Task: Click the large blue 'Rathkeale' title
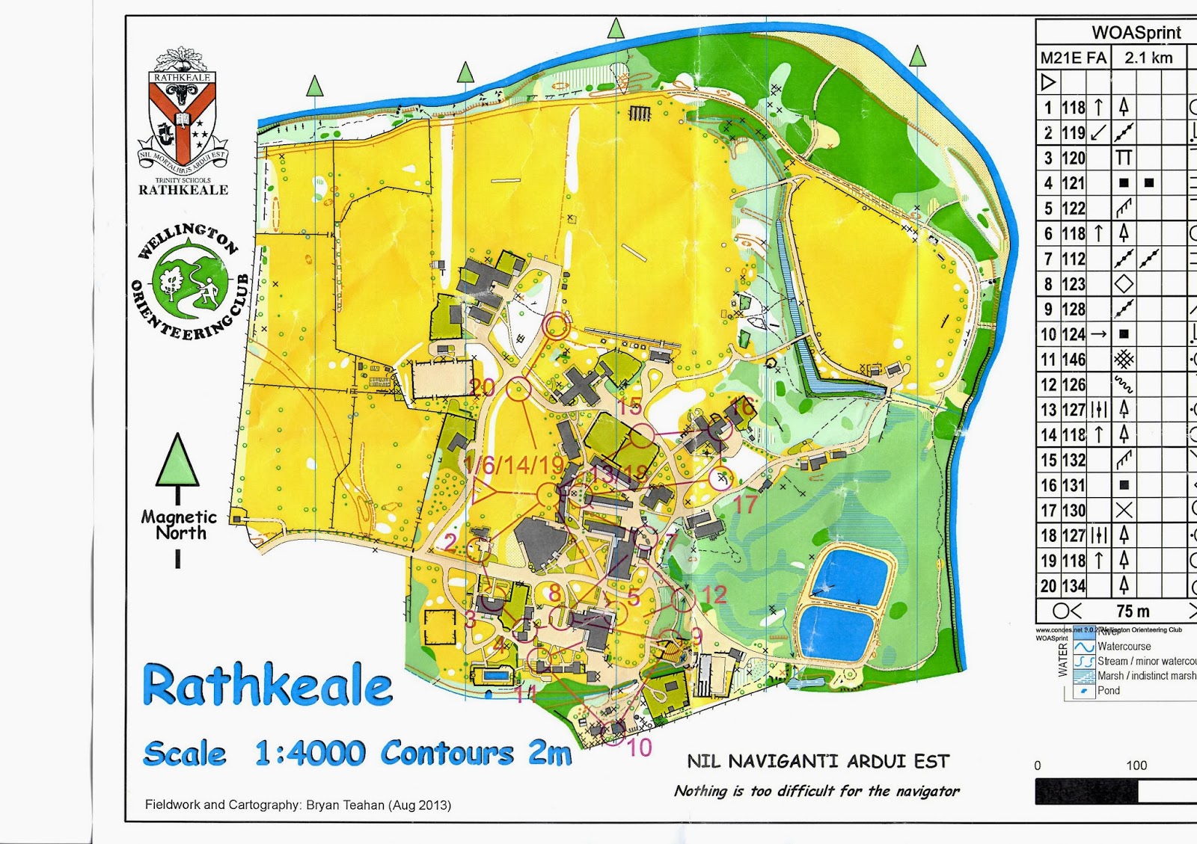267,686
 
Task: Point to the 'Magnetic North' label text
179,525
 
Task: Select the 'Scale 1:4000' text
254,753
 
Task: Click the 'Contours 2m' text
477,752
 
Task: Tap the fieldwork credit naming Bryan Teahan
298,805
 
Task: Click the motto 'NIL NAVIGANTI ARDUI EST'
818,762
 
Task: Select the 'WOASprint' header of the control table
1136,32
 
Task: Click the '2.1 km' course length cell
1148,58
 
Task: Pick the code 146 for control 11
1074,360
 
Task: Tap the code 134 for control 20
1074,586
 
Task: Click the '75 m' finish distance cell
1133,612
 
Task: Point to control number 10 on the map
638,748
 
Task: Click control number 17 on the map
744,505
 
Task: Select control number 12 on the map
714,594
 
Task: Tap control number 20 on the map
483,386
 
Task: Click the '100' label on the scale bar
1136,766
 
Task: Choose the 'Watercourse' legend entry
1124,647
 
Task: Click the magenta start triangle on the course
483,493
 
